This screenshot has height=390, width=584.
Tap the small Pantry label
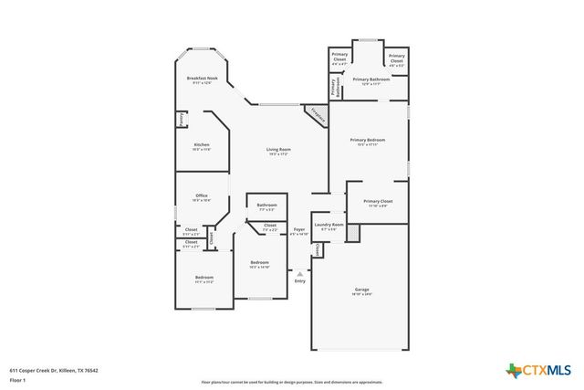click(x=182, y=119)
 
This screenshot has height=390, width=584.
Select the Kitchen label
click(x=202, y=147)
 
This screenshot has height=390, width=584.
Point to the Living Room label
click(x=278, y=152)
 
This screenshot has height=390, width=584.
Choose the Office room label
click(x=203, y=197)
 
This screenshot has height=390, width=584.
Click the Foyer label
click(x=298, y=231)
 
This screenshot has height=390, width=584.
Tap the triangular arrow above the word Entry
click(x=299, y=273)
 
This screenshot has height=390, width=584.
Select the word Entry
click(x=299, y=281)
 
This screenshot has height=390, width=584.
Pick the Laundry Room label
click(x=328, y=227)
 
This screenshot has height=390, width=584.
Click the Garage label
click(x=362, y=291)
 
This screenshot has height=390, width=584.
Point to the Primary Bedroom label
click(x=368, y=142)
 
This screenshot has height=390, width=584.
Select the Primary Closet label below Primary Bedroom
click(x=377, y=203)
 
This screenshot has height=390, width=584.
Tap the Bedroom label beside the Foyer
click(x=260, y=265)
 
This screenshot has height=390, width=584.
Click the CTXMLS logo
click(x=538, y=370)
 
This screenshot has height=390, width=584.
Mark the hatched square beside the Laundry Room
click(x=353, y=234)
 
